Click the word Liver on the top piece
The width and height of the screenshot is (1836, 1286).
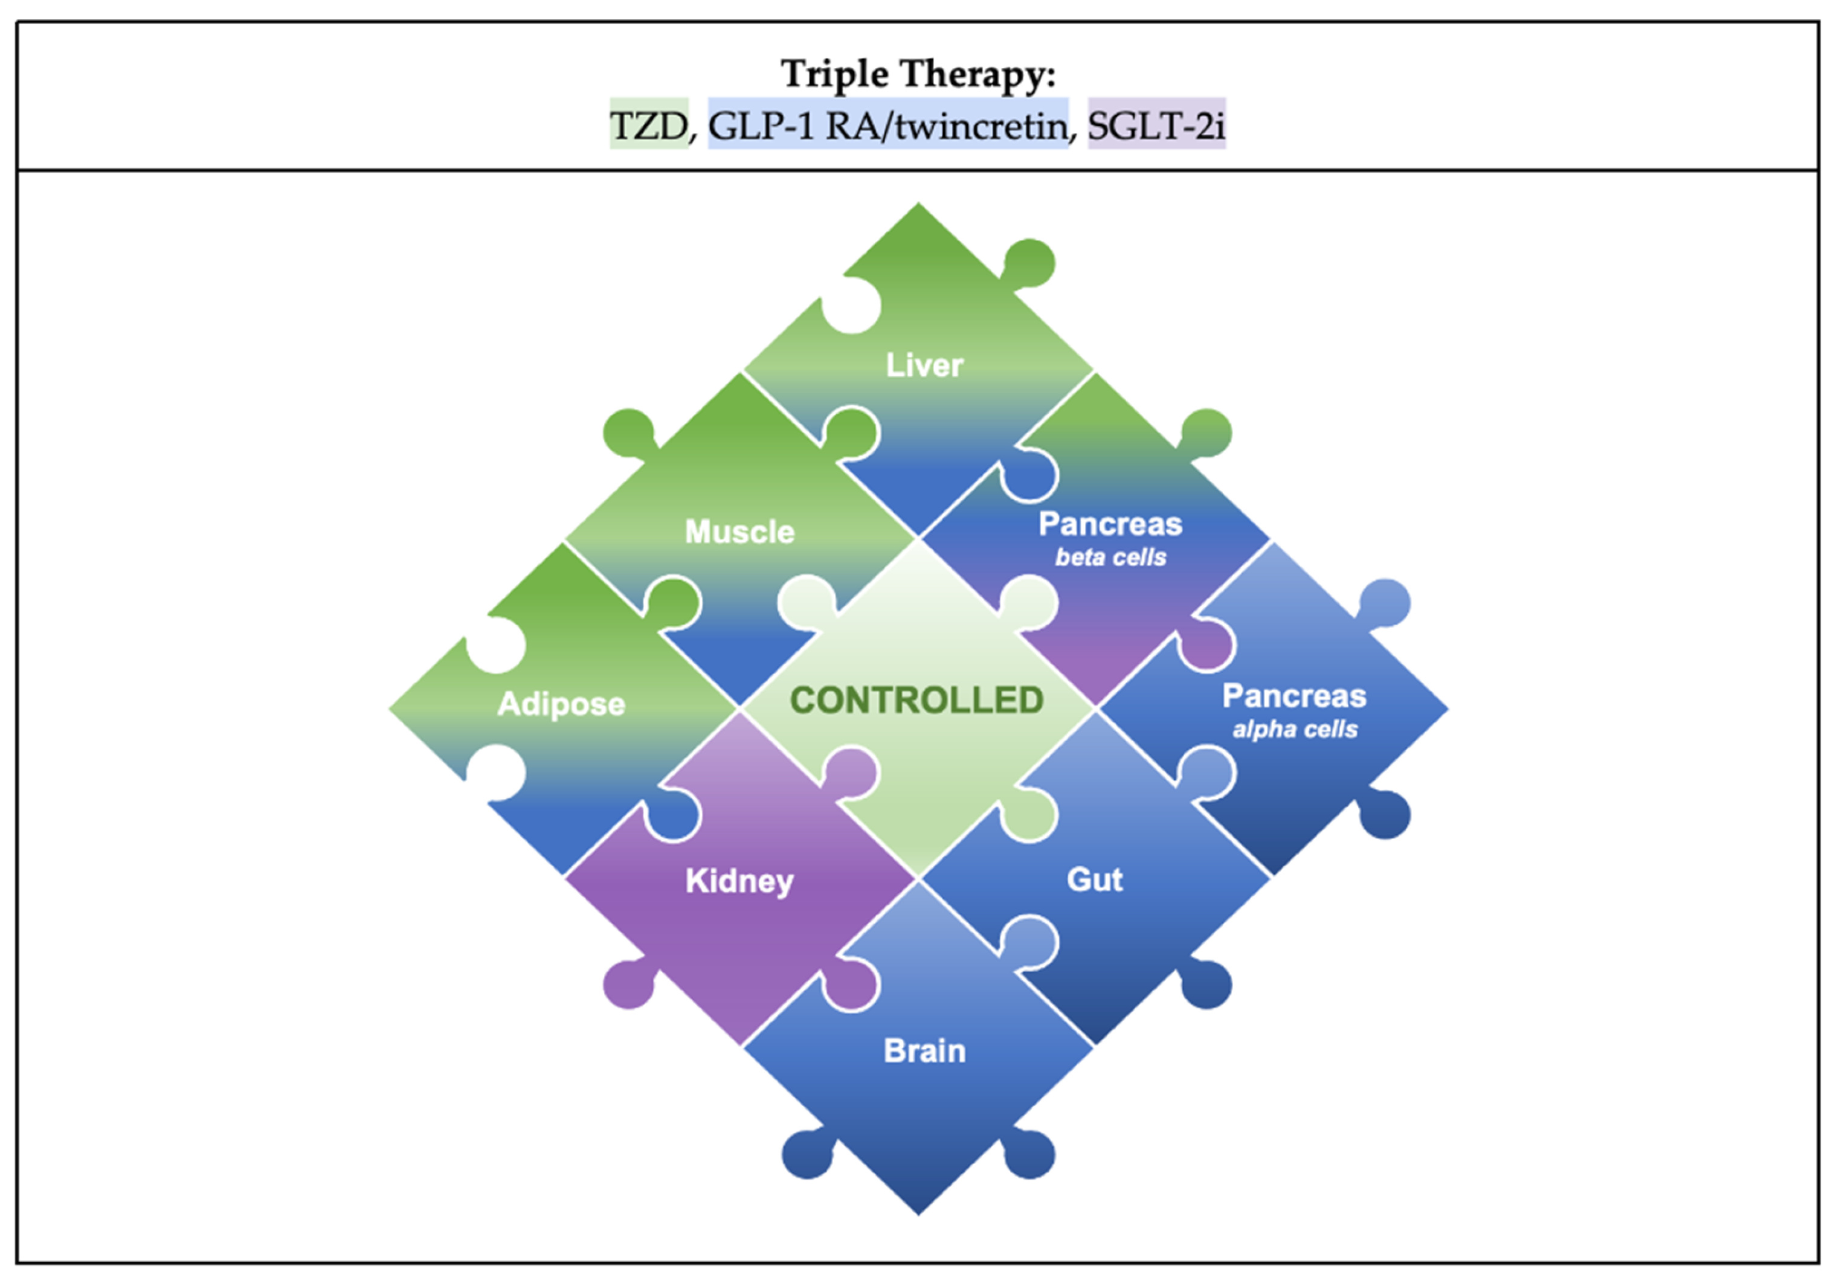pos(924,365)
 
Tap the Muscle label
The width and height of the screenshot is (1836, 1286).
pos(739,532)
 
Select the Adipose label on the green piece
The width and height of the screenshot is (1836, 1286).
pos(561,704)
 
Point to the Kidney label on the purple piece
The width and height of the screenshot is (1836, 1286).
pos(739,881)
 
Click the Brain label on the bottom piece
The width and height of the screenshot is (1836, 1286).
pos(924,1051)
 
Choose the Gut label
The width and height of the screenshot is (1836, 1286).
pos(1095,879)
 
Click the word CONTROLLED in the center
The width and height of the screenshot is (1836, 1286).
pos(916,701)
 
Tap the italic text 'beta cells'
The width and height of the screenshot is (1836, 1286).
pos(1110,558)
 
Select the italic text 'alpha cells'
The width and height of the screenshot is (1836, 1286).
pos(1295,729)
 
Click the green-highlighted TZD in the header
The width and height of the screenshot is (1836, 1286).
pos(648,126)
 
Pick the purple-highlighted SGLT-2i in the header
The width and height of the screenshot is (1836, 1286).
pos(1156,126)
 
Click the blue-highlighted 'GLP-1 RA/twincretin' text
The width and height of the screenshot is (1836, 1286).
pos(887,126)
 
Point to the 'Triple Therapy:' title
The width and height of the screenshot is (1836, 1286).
pos(918,74)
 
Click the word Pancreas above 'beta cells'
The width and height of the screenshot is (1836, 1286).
pos(1110,525)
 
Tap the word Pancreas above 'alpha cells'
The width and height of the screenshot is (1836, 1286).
pos(1295,696)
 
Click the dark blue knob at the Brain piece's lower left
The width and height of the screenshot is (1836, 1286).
pos(806,1154)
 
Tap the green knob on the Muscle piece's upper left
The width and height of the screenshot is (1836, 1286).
pos(628,432)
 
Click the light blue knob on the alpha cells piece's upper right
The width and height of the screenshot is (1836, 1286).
pos(1385,602)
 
